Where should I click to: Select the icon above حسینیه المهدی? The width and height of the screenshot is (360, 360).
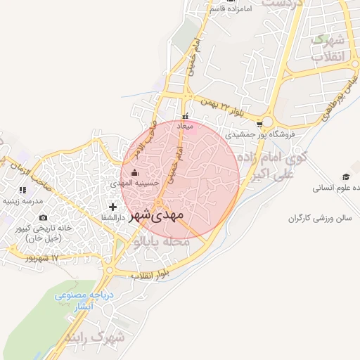pyautogui.click(x=135, y=173)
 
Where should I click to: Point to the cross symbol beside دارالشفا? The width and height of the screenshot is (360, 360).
pyautogui.click(x=112, y=207)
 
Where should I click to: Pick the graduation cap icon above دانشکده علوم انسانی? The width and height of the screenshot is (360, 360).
pyautogui.click(x=345, y=176)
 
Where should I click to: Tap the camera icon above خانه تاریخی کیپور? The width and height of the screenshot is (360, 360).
pyautogui.click(x=44, y=218)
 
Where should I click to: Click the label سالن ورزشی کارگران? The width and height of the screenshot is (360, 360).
pyautogui.click(x=319, y=219)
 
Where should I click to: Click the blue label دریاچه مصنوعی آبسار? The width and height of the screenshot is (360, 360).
pyautogui.click(x=81, y=302)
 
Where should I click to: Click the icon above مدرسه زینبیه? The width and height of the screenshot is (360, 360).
pyautogui.click(x=23, y=190)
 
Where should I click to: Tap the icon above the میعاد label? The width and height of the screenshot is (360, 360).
pyautogui.click(x=185, y=117)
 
